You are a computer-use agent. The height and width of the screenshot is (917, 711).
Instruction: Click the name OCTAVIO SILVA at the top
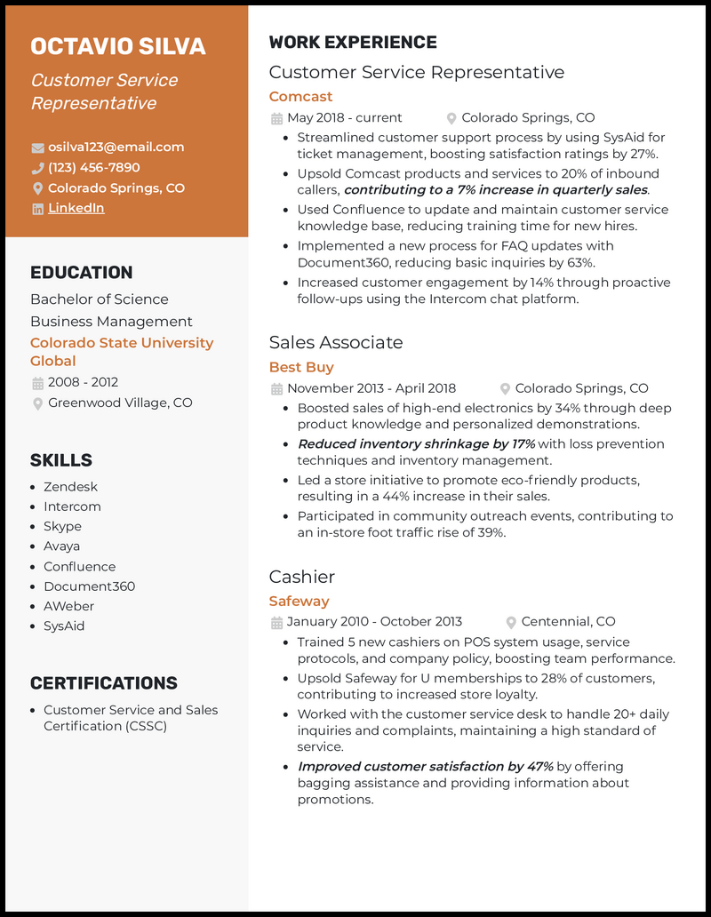pyautogui.click(x=117, y=46)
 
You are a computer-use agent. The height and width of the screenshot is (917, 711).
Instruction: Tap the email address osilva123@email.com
pyautogui.click(x=116, y=147)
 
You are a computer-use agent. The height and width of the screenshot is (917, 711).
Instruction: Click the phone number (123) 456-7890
pyautogui.click(x=93, y=167)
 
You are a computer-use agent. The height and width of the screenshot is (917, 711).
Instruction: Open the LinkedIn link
pyautogui.click(x=76, y=208)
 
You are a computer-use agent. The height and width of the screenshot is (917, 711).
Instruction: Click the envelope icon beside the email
pyautogui.click(x=37, y=148)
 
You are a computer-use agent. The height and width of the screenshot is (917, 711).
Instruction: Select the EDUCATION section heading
pyautogui.click(x=81, y=273)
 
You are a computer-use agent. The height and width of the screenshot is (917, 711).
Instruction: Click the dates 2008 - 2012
pyautogui.click(x=83, y=382)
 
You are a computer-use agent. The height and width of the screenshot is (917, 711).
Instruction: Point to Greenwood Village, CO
pyautogui.click(x=120, y=403)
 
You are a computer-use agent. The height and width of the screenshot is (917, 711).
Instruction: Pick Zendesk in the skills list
pyautogui.click(x=70, y=487)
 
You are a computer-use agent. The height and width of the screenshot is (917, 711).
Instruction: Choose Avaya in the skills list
pyautogui.click(x=61, y=546)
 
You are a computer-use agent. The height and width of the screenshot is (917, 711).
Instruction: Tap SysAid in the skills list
pyautogui.click(x=64, y=626)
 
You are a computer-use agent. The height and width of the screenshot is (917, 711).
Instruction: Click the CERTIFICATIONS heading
pyautogui.click(x=104, y=683)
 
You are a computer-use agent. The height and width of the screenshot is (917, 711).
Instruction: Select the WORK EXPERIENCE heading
pyautogui.click(x=353, y=43)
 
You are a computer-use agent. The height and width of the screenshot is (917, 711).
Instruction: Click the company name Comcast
pyautogui.click(x=300, y=96)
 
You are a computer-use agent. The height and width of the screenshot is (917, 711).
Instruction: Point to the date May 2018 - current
pyautogui.click(x=344, y=117)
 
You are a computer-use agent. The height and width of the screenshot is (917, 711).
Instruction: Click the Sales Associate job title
pyautogui.click(x=335, y=342)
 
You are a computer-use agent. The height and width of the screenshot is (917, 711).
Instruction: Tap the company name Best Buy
pyautogui.click(x=301, y=367)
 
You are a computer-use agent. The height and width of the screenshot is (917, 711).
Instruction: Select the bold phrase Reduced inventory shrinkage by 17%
pyautogui.click(x=416, y=443)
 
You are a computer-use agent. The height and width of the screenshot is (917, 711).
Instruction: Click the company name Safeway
pyautogui.click(x=299, y=601)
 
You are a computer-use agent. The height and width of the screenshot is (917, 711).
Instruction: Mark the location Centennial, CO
pyautogui.click(x=568, y=621)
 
